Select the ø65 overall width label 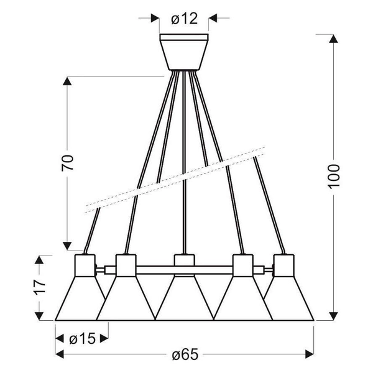click(185, 355)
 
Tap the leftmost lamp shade click(78, 298)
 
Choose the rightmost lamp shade click(291, 298)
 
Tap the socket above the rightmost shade click(285, 265)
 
